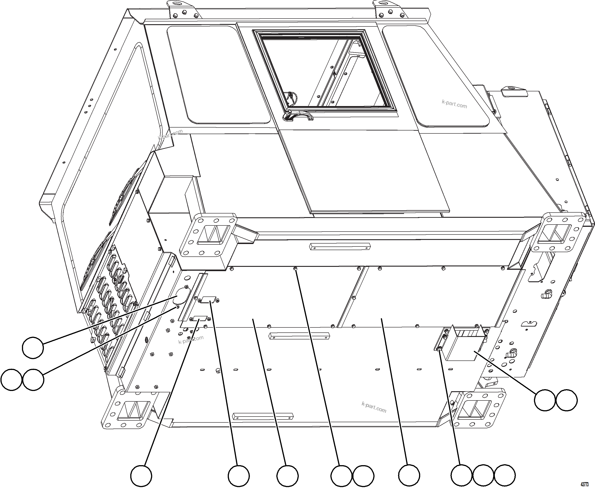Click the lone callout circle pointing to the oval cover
(x=33, y=348)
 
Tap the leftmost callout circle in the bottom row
(x=141, y=476)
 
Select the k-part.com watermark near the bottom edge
(x=374, y=407)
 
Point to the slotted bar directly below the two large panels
(x=299, y=336)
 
